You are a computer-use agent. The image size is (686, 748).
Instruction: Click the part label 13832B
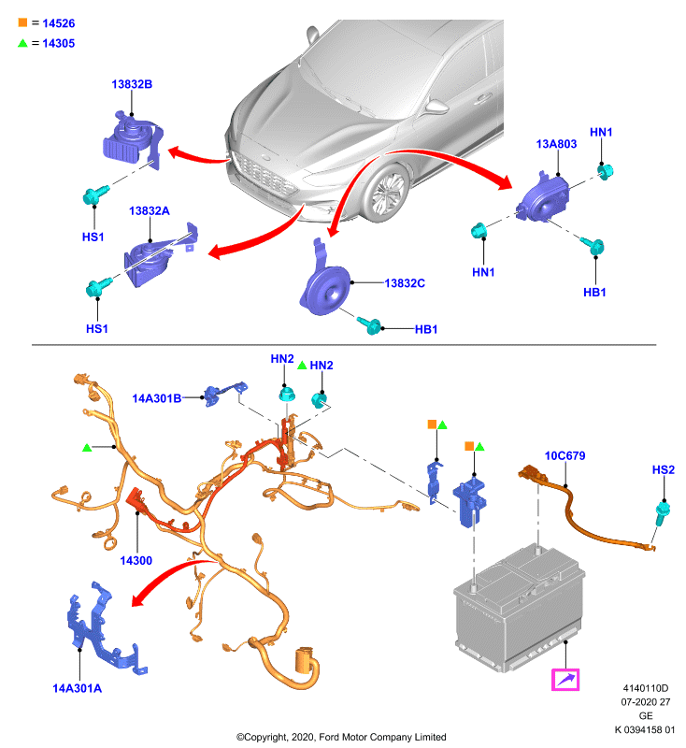click(x=132, y=84)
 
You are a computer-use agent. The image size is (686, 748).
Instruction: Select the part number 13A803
click(x=556, y=144)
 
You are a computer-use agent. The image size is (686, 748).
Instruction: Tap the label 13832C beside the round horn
click(x=405, y=283)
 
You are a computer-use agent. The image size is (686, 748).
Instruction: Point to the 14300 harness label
click(x=136, y=560)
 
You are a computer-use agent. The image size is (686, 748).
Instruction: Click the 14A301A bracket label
click(x=77, y=688)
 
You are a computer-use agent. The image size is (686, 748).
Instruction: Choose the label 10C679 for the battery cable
click(x=565, y=456)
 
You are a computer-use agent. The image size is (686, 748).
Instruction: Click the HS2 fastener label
click(x=664, y=470)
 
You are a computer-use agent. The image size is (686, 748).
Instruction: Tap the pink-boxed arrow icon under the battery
click(x=565, y=680)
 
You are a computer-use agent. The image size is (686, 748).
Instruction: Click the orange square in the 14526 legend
click(x=22, y=22)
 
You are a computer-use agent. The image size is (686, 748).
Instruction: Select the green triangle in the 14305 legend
click(x=22, y=43)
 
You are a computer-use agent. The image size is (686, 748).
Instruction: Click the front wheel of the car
click(x=386, y=194)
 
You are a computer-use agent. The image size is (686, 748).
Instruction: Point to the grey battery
click(x=520, y=609)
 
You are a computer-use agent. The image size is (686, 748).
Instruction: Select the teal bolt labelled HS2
click(x=661, y=513)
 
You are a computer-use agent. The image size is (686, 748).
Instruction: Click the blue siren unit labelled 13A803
click(x=543, y=199)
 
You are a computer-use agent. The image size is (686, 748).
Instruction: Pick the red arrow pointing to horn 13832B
click(x=199, y=155)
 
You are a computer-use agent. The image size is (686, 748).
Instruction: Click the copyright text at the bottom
click(x=341, y=738)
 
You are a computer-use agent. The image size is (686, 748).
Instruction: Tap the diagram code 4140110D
click(x=646, y=688)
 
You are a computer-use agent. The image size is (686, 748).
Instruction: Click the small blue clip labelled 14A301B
click(x=225, y=394)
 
